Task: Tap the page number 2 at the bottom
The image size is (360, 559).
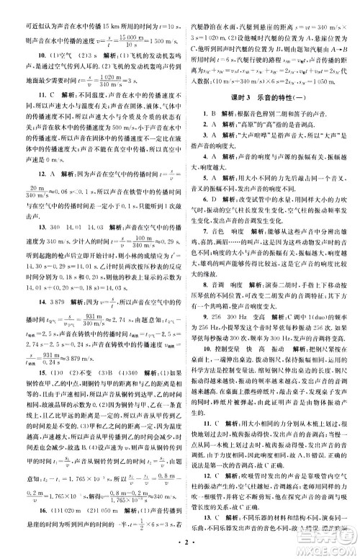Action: [x=179, y=549]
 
